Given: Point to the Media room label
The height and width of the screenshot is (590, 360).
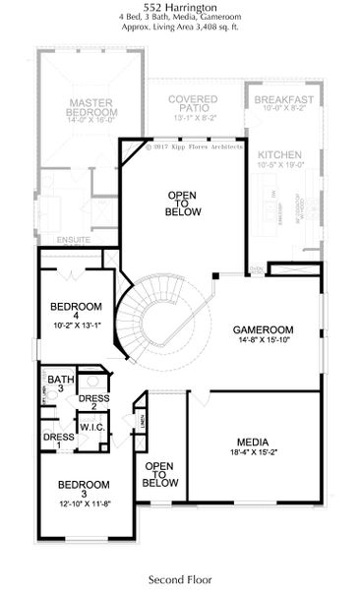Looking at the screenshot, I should coord(253,442).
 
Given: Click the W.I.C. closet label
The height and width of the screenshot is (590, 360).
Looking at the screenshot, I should coord(93,427).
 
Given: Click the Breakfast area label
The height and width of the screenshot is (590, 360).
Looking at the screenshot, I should coord(283,100).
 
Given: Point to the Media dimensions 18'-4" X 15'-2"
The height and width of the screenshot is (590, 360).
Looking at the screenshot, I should coord(253,453).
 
